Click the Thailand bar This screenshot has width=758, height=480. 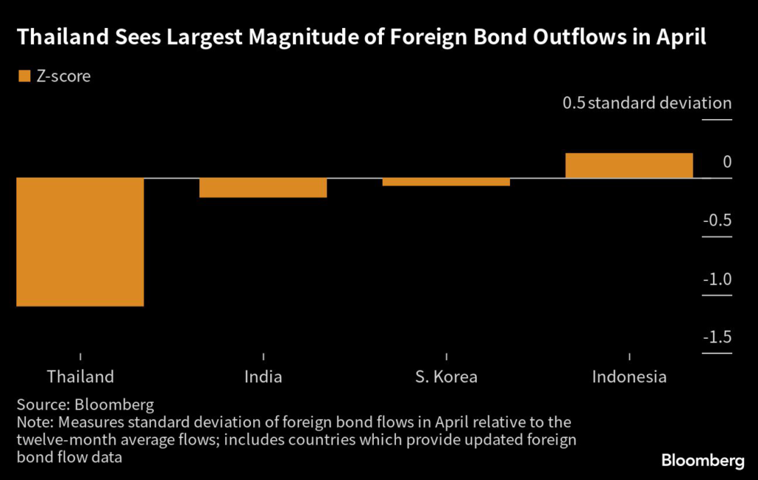coord(80,242)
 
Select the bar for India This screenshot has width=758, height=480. coord(263,188)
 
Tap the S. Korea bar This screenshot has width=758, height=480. coord(446,182)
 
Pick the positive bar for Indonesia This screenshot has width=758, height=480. coord(628,166)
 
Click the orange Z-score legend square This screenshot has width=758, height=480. coord(23,75)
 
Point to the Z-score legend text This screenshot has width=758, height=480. coord(63,75)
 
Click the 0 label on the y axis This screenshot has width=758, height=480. coord(727,162)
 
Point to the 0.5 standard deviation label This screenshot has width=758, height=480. coord(647,103)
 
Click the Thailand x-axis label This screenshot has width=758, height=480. coord(80,376)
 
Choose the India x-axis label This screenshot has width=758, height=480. coord(263,376)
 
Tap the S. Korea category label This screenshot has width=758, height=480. coord(446,376)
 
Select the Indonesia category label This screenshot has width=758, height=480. coord(629,376)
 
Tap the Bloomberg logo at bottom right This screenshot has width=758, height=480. coord(702,460)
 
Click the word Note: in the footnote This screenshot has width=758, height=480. coord(34,423)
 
